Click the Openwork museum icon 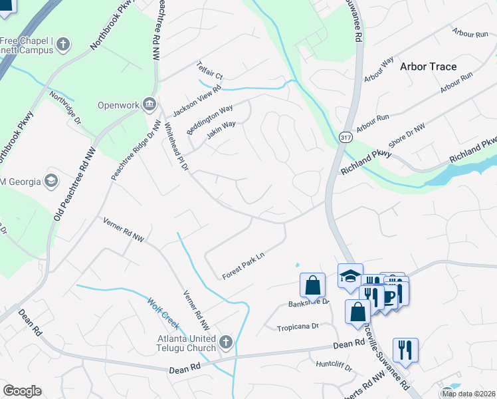149,104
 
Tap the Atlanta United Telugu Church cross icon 226,342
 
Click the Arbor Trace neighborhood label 428,66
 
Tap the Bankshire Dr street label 308,303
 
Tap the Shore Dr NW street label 406,137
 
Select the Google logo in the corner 22,391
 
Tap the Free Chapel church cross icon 63,45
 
